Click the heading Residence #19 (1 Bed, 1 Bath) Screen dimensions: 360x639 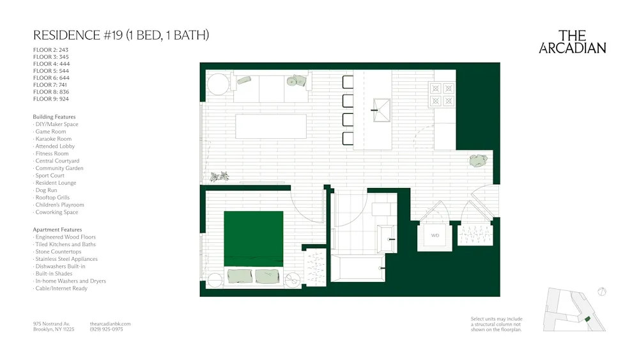121,35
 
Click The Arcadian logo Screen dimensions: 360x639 572,42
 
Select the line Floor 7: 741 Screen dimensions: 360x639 50,84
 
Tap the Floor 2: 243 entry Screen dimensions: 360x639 50,50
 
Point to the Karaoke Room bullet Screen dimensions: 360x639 53,139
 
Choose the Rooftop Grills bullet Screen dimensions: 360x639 52,198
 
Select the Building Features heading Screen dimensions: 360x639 54,117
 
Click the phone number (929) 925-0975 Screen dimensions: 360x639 107,329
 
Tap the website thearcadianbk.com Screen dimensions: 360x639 111,324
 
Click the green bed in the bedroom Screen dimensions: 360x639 253,238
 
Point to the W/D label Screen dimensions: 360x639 435,236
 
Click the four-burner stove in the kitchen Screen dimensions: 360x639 443,94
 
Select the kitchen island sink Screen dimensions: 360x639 382,110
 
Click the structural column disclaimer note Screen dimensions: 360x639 497,324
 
